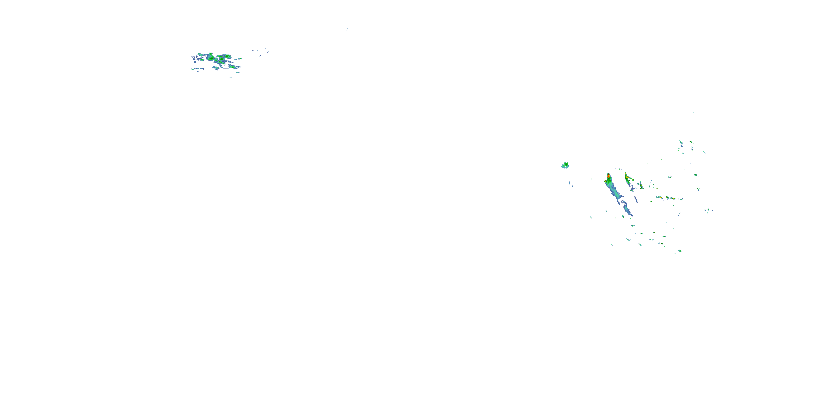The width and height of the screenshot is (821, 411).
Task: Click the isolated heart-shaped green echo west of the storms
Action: tap(565, 165)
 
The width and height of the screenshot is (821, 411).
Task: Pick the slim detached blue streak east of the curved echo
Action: tap(636, 199)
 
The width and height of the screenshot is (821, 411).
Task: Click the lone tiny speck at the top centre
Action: tap(347, 29)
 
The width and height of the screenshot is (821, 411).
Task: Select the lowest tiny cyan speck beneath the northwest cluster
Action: tap(231, 78)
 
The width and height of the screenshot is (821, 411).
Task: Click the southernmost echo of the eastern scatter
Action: tap(680, 251)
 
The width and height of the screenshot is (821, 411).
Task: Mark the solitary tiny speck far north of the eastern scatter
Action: tap(693, 112)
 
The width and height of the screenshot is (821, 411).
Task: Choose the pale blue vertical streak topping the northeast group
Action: tap(681, 143)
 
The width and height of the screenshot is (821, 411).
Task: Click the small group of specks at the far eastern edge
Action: tap(708, 210)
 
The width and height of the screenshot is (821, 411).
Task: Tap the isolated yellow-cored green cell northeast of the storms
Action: tap(669, 177)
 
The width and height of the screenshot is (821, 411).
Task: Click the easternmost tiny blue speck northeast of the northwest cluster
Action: tap(268, 52)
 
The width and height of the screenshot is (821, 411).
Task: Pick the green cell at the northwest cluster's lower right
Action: tap(233, 67)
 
